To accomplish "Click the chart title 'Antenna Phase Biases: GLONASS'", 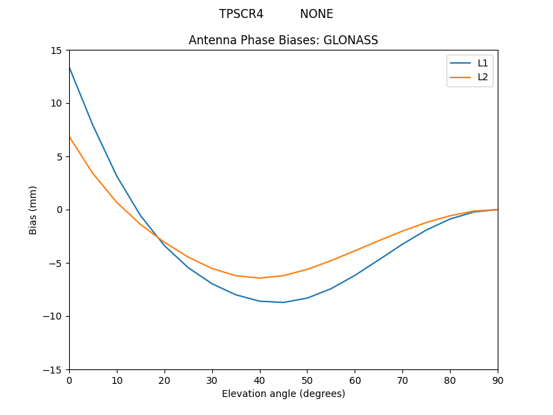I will (283, 40).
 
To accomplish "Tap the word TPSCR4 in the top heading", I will (241, 14).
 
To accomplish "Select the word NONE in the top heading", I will (317, 14).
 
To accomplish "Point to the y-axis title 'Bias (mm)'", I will (33, 210).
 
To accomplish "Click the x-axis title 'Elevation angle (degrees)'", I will (283, 394).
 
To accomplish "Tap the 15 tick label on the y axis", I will (56, 50).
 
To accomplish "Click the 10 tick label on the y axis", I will (56, 104).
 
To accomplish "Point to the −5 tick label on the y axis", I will (55, 263).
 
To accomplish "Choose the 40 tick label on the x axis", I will (259, 380).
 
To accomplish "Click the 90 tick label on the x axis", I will (497, 380).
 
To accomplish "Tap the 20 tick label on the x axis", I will (165, 380).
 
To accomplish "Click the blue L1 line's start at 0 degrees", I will (69, 67).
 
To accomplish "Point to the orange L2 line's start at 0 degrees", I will (69, 137).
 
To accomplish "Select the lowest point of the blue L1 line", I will (283, 302).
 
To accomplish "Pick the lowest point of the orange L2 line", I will (259, 278).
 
